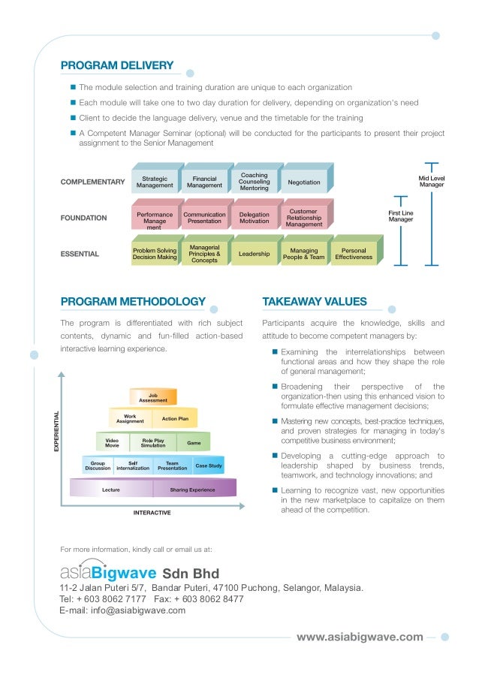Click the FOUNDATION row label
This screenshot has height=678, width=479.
83,218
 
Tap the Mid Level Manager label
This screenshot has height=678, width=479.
432,181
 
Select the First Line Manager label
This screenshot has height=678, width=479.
401,216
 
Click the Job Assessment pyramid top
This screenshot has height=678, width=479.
153,397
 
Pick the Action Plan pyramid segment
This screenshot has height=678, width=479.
175,418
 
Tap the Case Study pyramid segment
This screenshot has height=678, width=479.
209,466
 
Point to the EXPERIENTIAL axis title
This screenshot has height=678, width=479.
56,431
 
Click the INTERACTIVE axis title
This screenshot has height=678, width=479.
152,513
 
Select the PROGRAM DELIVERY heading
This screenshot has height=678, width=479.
117,65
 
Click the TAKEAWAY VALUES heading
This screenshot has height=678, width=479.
315,301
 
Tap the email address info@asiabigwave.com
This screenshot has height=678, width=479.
138,610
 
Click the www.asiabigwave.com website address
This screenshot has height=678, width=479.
360,637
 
